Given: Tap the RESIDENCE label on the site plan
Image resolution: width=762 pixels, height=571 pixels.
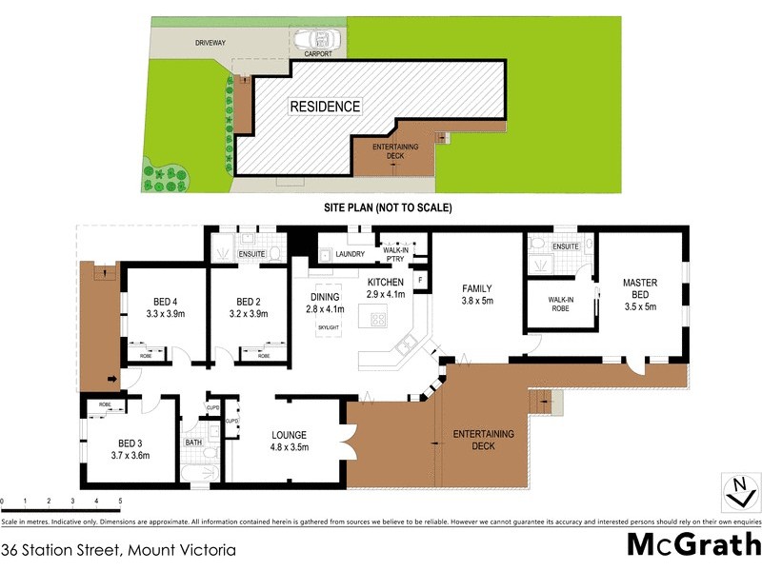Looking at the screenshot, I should (325, 107).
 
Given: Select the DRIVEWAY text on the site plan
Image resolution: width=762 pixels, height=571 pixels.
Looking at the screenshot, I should (211, 43).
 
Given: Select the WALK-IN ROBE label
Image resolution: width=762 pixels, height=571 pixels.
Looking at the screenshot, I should (561, 305).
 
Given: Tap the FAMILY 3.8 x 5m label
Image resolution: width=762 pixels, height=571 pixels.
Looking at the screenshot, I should (476, 294).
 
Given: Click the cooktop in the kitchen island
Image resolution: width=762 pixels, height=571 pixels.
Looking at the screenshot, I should (378, 320).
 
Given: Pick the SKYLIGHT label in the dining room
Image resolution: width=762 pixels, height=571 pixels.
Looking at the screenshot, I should (329, 328).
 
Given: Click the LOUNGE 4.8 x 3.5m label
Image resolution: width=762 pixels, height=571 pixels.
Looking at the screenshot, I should (289, 441).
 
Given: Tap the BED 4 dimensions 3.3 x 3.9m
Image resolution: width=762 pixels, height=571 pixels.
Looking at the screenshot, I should (164, 313).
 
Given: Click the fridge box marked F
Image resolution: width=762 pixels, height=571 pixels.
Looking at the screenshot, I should (420, 281).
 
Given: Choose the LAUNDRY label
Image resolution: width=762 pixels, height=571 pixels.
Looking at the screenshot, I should (351, 254).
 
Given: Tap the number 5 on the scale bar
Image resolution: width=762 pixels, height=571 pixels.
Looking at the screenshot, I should (120, 501).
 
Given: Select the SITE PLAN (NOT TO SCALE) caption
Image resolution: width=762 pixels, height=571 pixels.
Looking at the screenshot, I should (386, 207).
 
